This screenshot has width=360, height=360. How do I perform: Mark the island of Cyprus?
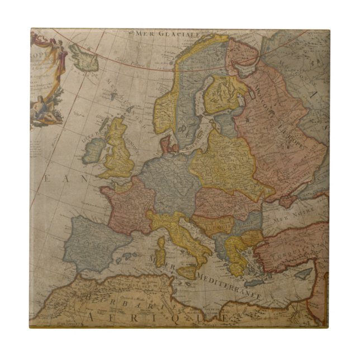304,274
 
